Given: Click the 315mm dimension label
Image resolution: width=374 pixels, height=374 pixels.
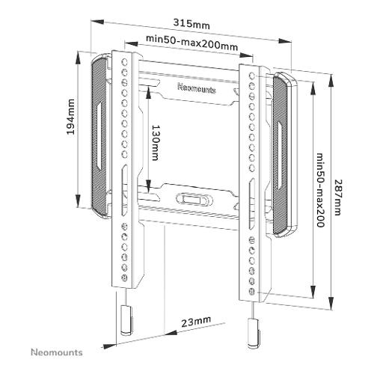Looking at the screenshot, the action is pyautogui.click(x=191, y=24).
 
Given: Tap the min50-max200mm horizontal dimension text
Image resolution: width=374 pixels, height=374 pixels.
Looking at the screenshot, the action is pyautogui.click(x=191, y=43).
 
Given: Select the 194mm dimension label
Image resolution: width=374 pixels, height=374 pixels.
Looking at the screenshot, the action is pyautogui.click(x=71, y=117).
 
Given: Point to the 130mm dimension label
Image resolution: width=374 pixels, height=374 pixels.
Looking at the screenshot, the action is pyautogui.click(x=155, y=143).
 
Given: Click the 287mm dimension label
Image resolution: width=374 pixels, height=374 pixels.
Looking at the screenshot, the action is pyautogui.click(x=337, y=197).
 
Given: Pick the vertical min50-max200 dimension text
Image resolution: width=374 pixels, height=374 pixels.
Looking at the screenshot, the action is pyautogui.click(x=321, y=190).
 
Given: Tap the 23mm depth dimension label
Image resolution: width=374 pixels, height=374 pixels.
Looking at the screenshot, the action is pyautogui.click(x=196, y=322).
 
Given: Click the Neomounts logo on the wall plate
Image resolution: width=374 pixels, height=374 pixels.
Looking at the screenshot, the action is pyautogui.click(x=197, y=88).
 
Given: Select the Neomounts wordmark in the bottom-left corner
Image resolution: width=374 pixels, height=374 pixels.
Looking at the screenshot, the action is pyautogui.click(x=57, y=352).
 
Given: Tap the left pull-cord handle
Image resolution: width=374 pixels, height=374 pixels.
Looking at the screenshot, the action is pyautogui.click(x=126, y=320).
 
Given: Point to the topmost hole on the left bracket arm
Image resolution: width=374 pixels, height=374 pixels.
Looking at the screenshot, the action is pyautogui.click(x=124, y=62).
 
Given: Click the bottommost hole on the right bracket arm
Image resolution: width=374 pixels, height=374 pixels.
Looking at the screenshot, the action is pyautogui.click(x=252, y=292).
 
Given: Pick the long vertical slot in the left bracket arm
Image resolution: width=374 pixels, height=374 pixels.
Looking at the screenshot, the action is pyautogui.click(x=124, y=190).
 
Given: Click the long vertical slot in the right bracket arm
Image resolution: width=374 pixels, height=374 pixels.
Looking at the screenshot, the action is pyautogui.click(x=252, y=203).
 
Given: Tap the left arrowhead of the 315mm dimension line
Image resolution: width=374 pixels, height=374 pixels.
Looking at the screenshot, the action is pyautogui.click(x=97, y=22).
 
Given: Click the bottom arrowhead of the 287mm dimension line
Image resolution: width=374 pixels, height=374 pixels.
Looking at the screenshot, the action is pyautogui.click(x=331, y=304).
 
